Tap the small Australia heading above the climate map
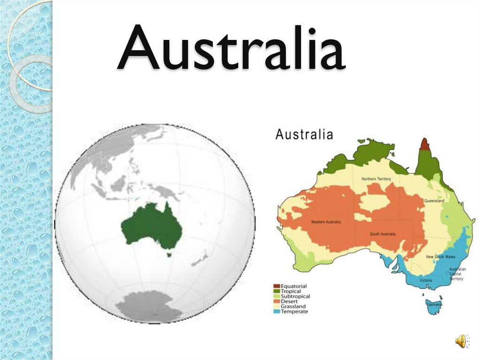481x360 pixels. point(304,135)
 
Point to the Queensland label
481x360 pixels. point(434,201)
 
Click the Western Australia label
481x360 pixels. point(326,222)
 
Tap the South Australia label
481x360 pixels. point(382,234)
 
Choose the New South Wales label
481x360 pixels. point(440,257)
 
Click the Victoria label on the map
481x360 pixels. point(426,280)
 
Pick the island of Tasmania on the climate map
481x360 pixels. point(434,303)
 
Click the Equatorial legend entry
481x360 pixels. point(293,286)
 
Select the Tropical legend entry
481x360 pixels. point(291,291)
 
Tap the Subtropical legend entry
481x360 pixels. point(295,297)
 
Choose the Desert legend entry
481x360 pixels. point(289,301)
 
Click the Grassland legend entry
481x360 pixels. point(293,306)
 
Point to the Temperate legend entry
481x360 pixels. point(294,312)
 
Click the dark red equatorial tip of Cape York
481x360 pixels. point(425,145)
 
